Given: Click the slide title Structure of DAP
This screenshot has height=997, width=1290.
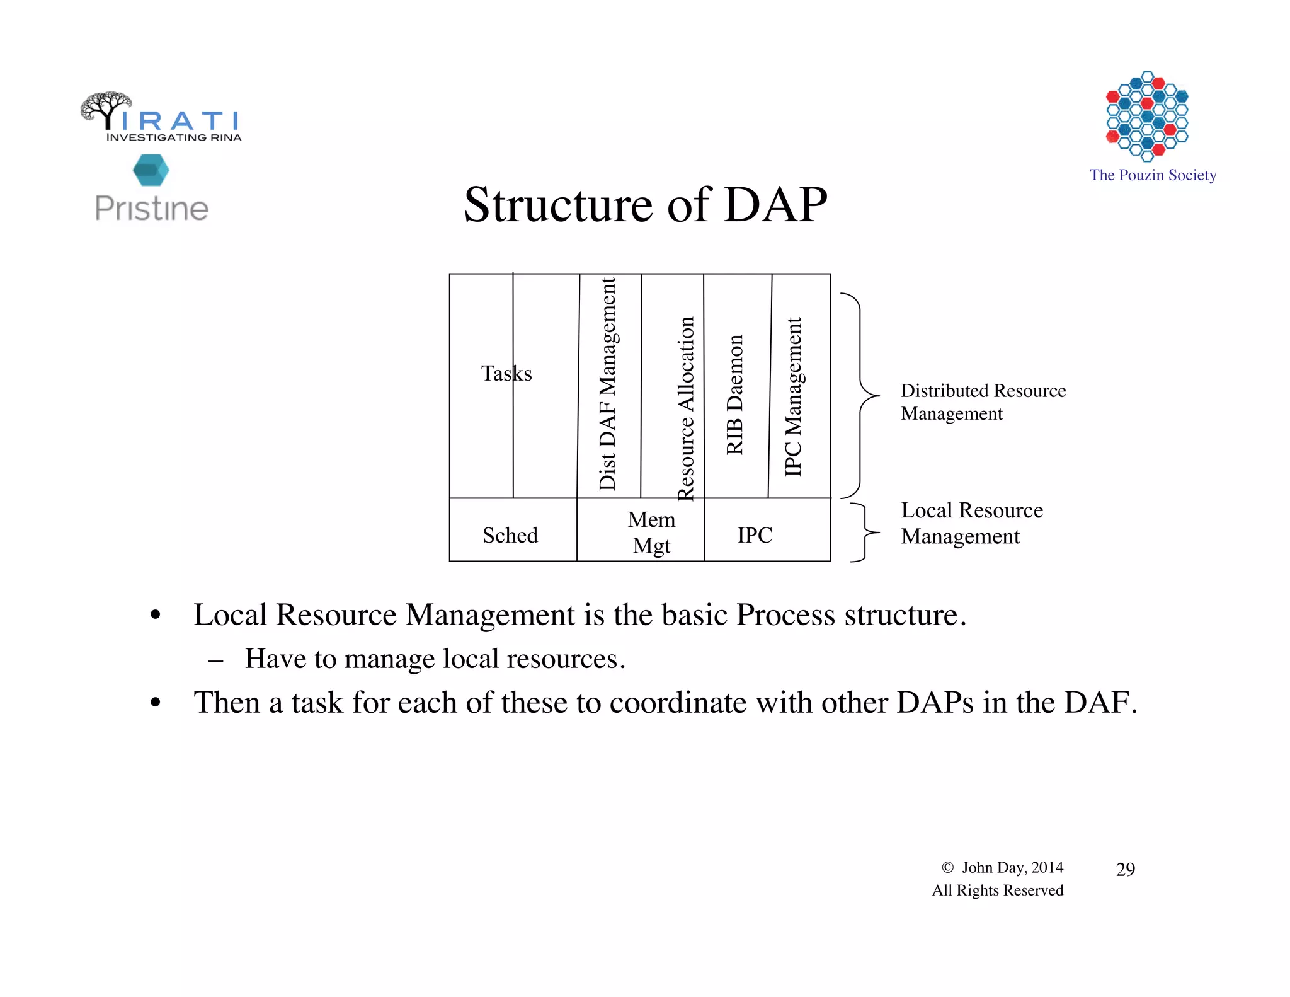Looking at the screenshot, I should (x=645, y=205).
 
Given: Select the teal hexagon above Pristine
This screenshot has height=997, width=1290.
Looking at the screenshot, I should (x=151, y=170).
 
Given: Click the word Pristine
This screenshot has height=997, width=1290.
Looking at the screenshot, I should (x=152, y=209).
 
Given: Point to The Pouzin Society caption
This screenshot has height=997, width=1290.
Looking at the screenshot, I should (x=1152, y=175).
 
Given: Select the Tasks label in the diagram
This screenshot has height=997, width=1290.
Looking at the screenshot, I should (x=506, y=373).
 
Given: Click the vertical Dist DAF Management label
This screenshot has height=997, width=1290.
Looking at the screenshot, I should (x=608, y=384).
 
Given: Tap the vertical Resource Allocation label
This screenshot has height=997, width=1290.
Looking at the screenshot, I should (x=685, y=408).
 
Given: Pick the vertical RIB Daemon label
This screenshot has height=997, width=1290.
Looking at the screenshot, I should (x=735, y=395).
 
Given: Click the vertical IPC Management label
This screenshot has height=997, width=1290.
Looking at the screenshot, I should (x=794, y=397).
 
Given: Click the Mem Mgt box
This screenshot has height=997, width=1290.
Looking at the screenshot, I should (x=651, y=532).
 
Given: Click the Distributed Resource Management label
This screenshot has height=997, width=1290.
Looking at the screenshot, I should (x=983, y=401).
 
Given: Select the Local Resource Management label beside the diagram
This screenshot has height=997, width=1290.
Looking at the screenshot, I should (x=971, y=522).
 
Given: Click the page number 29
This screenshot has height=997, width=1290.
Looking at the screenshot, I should (x=1125, y=870).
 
